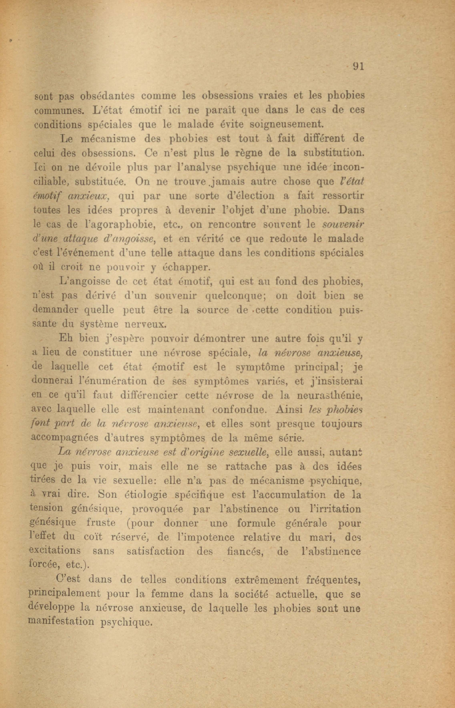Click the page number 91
click(358, 67)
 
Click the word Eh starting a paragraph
click(65, 338)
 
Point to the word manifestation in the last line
click(61, 622)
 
